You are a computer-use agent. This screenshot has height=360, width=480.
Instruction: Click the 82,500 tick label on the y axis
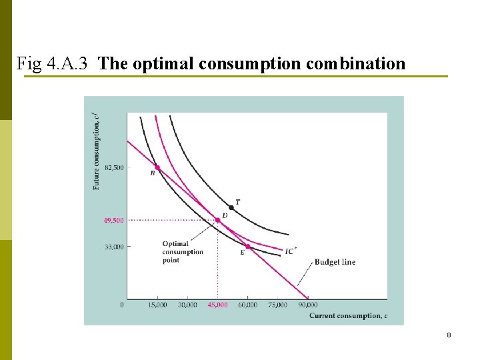(x=113, y=167)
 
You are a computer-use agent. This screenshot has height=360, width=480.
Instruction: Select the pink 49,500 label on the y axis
(x=113, y=220)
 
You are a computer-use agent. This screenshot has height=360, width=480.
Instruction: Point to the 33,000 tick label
(x=113, y=247)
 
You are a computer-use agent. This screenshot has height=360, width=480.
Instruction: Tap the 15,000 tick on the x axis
(x=157, y=305)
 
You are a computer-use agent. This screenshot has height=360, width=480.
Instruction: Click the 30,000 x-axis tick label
(x=187, y=305)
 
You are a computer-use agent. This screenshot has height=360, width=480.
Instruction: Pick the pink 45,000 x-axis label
(x=217, y=305)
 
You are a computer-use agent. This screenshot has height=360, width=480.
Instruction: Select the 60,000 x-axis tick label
(x=247, y=305)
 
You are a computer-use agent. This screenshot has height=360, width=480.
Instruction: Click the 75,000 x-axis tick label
(x=277, y=305)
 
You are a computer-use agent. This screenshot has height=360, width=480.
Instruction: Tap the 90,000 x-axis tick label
(x=307, y=305)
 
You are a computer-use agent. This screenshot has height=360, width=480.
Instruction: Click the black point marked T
(x=231, y=207)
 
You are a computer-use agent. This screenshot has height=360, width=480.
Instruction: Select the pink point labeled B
(x=157, y=167)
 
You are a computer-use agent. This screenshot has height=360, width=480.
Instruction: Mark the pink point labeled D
(x=217, y=220)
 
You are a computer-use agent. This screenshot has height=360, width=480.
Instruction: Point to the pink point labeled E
(x=247, y=247)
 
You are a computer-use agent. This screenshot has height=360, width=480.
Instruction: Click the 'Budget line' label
(x=335, y=262)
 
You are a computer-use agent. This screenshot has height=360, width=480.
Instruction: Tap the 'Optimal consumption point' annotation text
(x=183, y=252)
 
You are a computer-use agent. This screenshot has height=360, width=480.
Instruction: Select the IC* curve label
(x=291, y=251)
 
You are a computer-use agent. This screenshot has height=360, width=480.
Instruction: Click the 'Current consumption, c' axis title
(x=348, y=315)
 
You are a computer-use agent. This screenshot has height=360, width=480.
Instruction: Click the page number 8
(x=449, y=335)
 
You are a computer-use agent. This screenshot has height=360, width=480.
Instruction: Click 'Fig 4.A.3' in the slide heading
(x=56, y=64)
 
